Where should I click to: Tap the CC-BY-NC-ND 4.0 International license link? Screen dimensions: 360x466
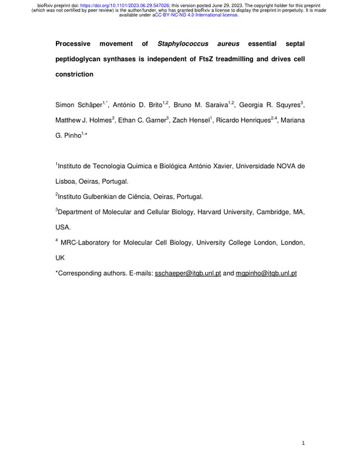tap(196, 15)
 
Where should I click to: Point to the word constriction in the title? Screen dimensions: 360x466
tap(75, 75)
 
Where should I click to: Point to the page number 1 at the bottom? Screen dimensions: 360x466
tap(303, 444)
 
